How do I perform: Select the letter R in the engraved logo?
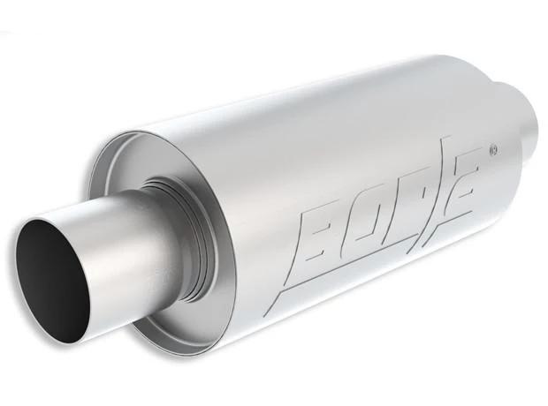(x=401, y=204)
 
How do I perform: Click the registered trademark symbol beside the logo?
(x=494, y=150)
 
